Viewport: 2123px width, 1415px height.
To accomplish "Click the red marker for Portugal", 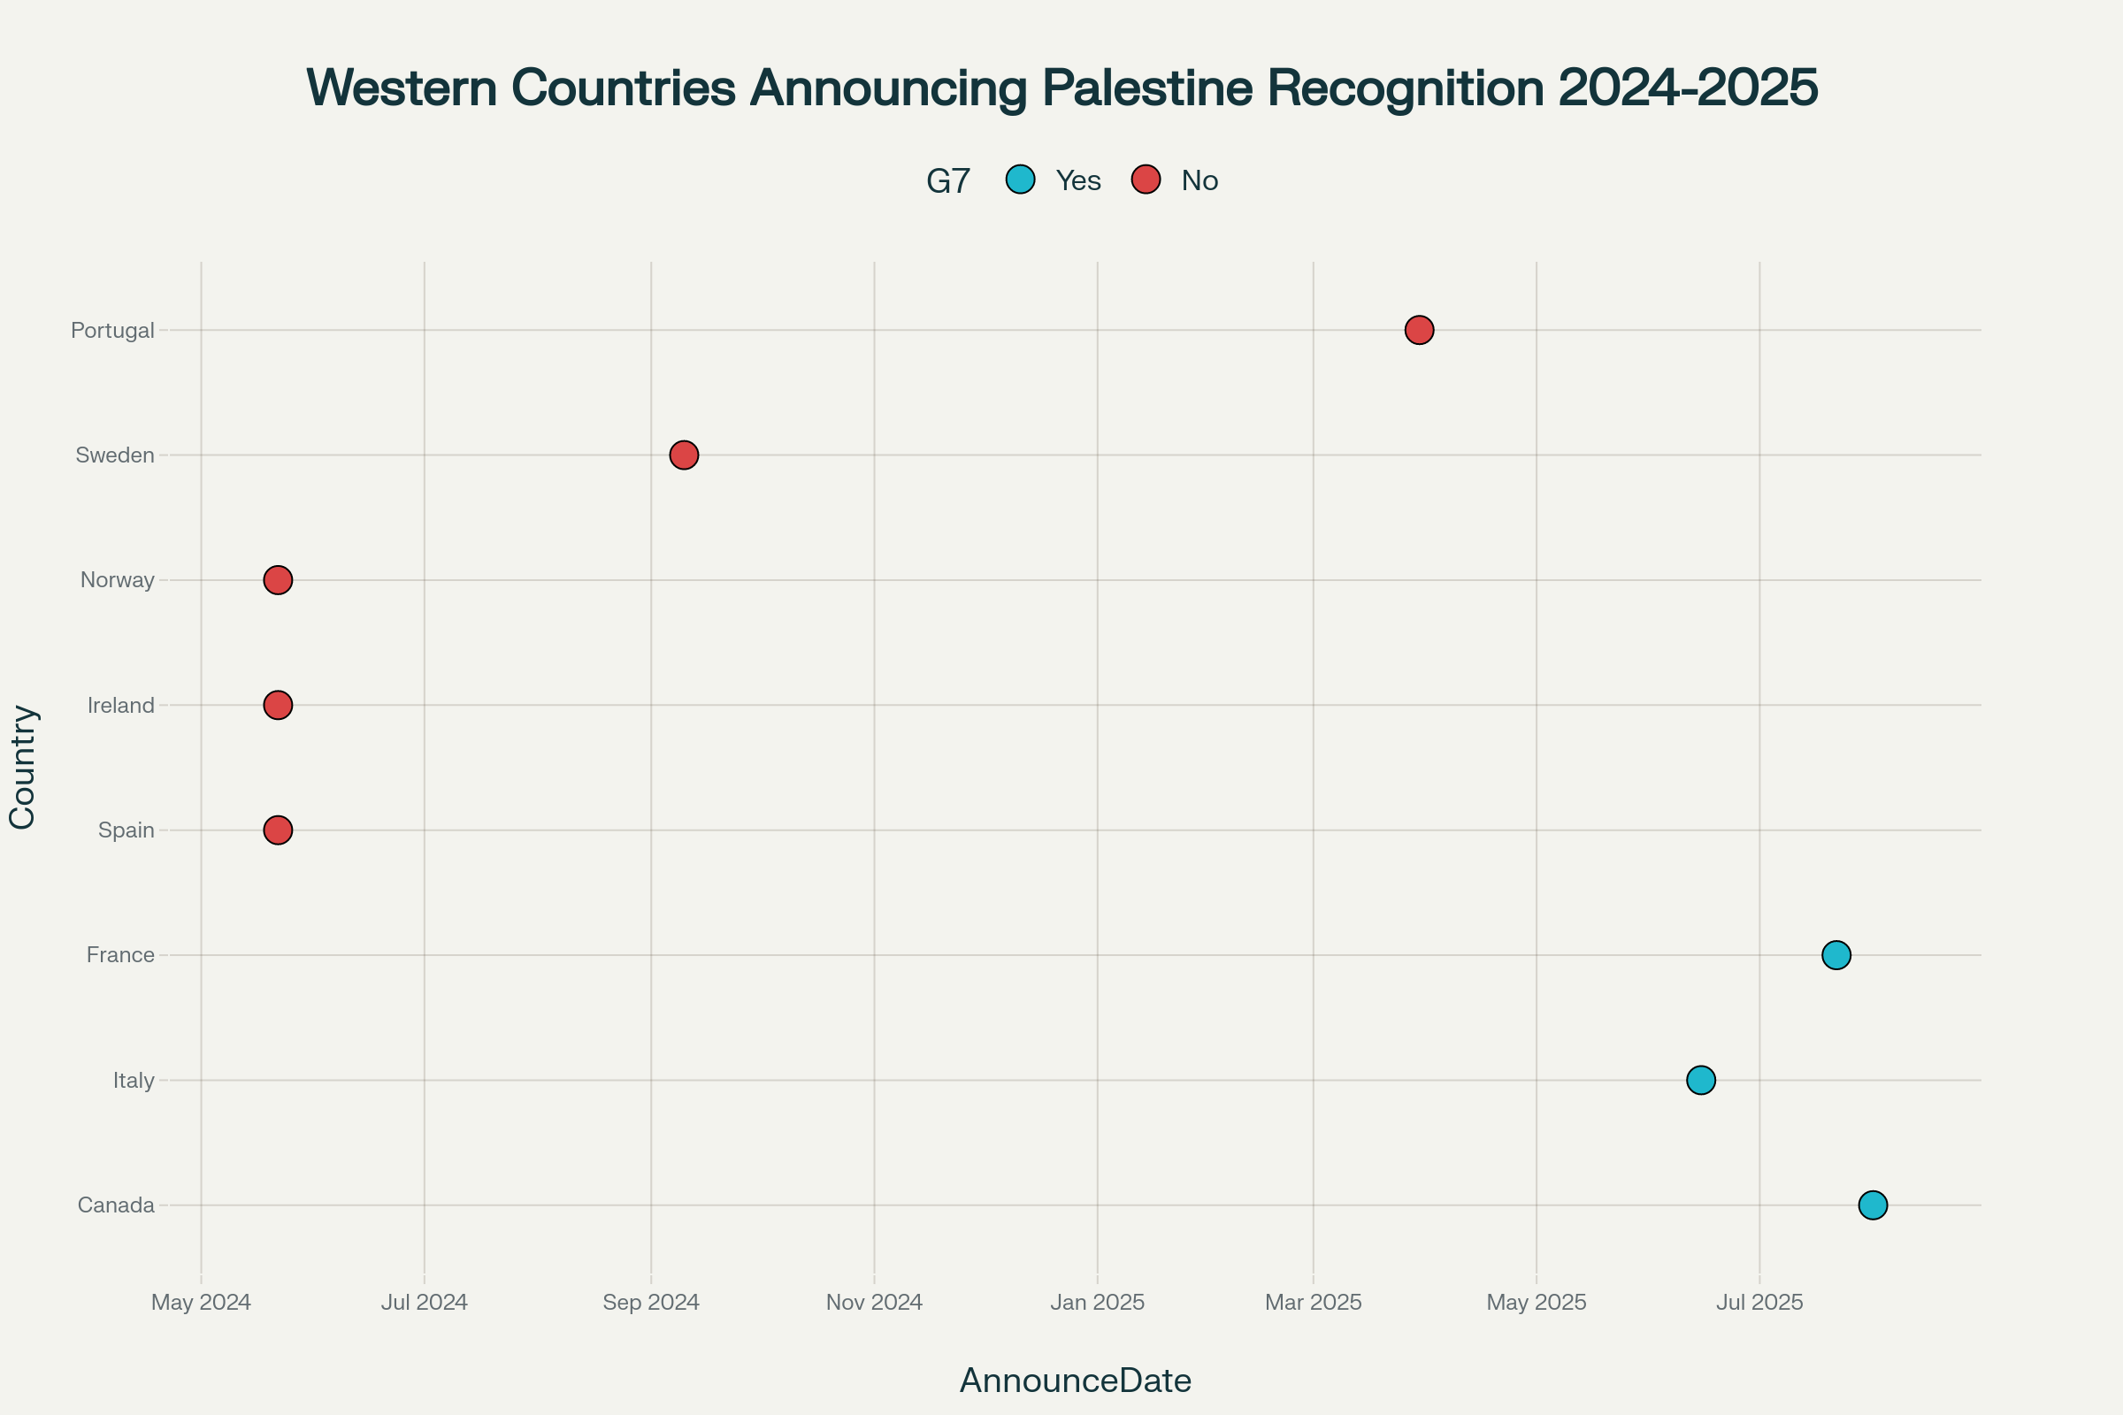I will (1419, 330).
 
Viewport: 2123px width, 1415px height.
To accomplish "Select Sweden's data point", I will (684, 455).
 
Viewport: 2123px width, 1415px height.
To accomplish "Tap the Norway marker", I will (278, 580).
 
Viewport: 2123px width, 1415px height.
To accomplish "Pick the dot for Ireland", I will (278, 705).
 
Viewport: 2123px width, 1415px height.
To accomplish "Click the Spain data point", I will (278, 830).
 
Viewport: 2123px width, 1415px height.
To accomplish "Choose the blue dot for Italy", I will (1700, 1080).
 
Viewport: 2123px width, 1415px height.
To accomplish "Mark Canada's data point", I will (1873, 1205).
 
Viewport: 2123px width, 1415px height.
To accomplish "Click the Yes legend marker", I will (1020, 180).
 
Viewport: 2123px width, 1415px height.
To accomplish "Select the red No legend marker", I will (1146, 180).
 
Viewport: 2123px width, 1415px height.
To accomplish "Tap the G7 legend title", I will (947, 181).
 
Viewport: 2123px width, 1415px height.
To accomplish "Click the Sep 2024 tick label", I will (651, 1302).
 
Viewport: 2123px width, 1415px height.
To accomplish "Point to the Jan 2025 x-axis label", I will (1098, 1302).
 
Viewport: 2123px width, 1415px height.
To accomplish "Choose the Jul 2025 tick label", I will (1759, 1302).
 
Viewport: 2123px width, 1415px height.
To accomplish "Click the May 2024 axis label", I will (202, 1302).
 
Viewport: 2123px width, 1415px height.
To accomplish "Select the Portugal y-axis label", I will (113, 330).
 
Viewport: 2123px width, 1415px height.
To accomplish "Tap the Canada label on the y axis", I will (116, 1205).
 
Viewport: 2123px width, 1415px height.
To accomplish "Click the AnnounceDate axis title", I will (1075, 1381).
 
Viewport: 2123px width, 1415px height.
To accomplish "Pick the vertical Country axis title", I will (23, 767).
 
